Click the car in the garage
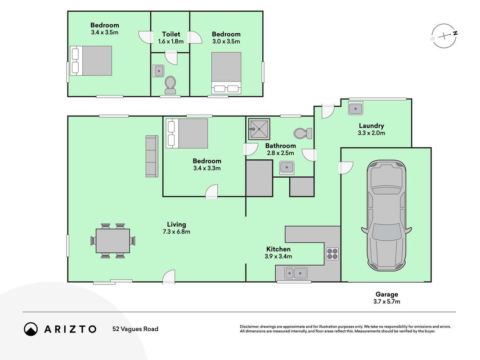click(x=386, y=216)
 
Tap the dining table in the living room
click(x=112, y=241)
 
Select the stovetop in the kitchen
click(x=332, y=253)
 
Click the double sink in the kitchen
click(x=296, y=273)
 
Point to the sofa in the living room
click(x=152, y=156)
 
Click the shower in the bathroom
click(x=259, y=129)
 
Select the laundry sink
click(x=355, y=108)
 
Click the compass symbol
click(x=444, y=36)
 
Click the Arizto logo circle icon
click(x=31, y=329)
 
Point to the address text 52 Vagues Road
click(x=135, y=329)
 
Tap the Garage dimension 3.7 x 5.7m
click(x=386, y=301)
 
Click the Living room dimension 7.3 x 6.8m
click(x=176, y=232)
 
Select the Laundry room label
click(x=371, y=126)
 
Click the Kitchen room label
click(x=278, y=249)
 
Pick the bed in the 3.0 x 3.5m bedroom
click(x=226, y=73)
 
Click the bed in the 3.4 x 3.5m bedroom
click(x=91, y=61)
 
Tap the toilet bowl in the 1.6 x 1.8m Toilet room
click(x=170, y=85)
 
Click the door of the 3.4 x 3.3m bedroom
click(x=211, y=192)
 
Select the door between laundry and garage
click(x=345, y=167)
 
